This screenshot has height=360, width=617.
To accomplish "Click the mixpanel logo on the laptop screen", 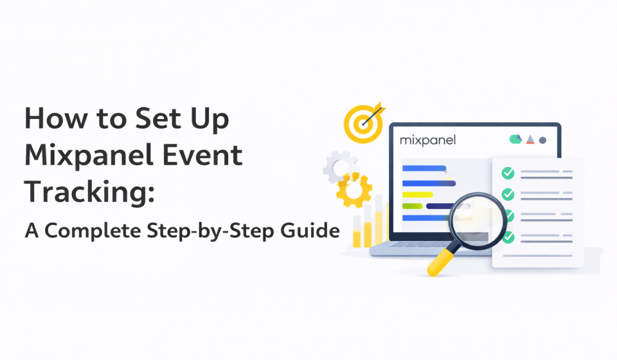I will click(427, 139).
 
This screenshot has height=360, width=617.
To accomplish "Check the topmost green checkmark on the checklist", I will click(508, 173).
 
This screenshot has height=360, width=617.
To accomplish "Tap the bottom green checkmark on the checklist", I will click(508, 237).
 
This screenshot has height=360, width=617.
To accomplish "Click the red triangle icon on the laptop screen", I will click(530, 139).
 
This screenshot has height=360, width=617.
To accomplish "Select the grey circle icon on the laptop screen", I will click(542, 139).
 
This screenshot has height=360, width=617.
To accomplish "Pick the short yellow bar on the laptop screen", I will click(416, 194).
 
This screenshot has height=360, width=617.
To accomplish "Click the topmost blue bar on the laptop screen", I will click(424, 169).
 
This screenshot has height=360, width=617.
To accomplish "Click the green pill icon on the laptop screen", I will click(515, 139).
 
